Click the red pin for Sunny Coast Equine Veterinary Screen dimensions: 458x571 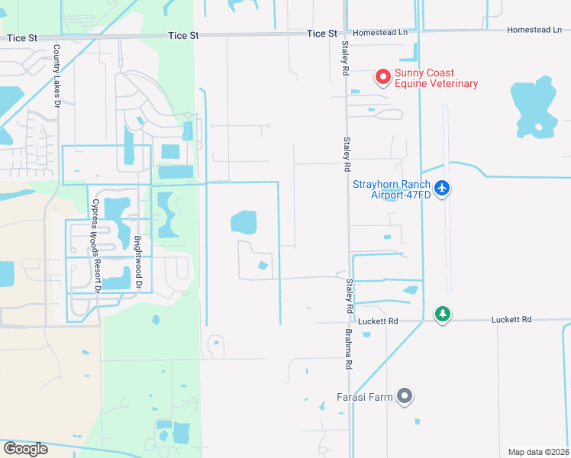point(382,77)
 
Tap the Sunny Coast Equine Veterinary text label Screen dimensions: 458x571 point(436,79)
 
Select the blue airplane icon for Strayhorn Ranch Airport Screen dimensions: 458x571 point(441,188)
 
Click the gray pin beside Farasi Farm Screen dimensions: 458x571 point(406,396)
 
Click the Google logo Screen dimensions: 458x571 point(24,449)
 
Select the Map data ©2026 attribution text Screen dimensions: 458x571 point(538,452)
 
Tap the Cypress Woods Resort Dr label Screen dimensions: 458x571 point(95,246)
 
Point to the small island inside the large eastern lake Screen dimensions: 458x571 point(539,127)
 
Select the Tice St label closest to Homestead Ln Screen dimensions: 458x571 point(321,34)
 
